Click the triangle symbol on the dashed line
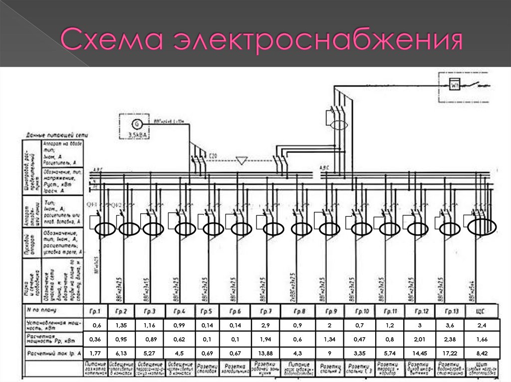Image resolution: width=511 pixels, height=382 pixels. click(242, 160)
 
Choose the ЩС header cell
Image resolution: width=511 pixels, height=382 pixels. click(481, 311)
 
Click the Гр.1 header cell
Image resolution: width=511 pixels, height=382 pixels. click(95, 311)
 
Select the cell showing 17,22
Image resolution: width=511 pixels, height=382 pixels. click(450, 353)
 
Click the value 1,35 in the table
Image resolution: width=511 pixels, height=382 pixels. click(121, 325)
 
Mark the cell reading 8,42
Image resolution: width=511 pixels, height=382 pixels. click(481, 353)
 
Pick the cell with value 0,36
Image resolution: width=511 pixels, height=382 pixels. click(95, 339)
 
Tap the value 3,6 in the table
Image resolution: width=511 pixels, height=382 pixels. click(450, 325)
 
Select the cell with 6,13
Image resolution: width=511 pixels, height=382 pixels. click(121, 353)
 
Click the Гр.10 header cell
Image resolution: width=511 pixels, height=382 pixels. click(362, 311)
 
